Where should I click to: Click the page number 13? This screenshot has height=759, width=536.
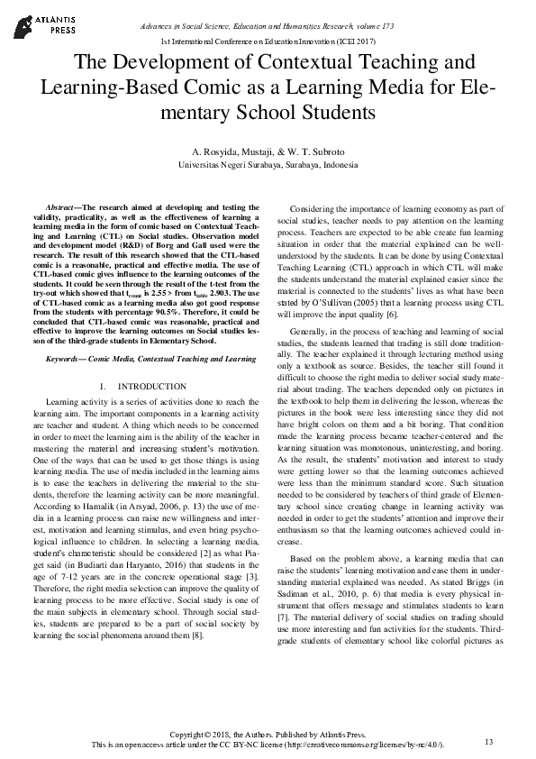489,742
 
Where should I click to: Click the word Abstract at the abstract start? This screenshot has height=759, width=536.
63,206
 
